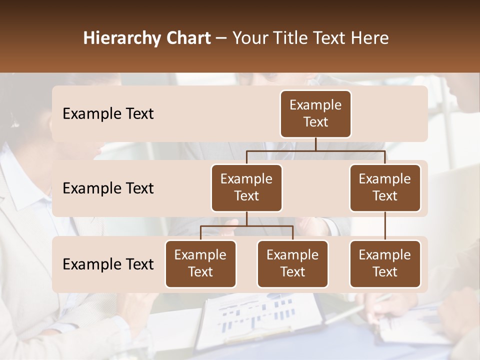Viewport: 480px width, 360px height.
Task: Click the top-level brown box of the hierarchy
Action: pos(315,113)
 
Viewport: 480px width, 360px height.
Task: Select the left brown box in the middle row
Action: pos(246,187)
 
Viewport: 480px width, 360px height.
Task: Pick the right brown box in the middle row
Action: pos(385,187)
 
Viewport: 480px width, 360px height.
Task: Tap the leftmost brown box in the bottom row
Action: pos(200,263)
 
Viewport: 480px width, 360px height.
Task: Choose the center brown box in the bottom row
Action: pos(292,263)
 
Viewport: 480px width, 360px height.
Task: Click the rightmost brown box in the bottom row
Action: pos(385,263)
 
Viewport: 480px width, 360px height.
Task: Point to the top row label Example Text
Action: pos(108,113)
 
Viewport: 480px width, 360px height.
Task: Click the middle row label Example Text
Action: pos(108,188)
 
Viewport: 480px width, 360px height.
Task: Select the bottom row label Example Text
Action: pos(108,264)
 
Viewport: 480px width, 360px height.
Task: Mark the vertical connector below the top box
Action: pos(315,144)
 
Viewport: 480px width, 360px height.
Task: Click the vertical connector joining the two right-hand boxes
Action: pos(385,226)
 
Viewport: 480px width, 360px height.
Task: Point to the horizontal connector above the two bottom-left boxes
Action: pos(246,226)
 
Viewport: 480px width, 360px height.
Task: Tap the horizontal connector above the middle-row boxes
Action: pos(315,150)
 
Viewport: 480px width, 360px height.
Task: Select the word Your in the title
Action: pos(249,38)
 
